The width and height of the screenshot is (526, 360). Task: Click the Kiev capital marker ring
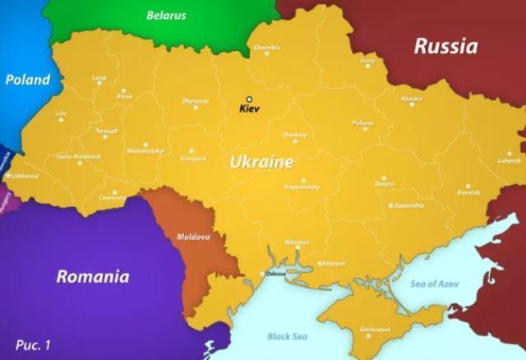point(249,99)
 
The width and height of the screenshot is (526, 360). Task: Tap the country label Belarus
point(166,15)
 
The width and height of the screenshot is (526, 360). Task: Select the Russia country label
point(445,46)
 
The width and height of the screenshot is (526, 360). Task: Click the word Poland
point(27,80)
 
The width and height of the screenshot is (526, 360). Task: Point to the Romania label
point(93,276)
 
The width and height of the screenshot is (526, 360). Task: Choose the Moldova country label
point(194,237)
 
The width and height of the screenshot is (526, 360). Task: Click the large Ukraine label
point(261,162)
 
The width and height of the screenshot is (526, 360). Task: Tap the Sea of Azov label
point(435,284)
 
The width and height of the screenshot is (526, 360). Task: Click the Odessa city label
point(275,274)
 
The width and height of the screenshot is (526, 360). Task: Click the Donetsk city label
point(468,192)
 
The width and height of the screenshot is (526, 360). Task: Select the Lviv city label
point(60,113)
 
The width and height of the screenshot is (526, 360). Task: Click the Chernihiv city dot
point(267,55)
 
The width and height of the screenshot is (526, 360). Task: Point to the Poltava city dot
point(362,130)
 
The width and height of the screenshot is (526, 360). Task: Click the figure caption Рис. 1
point(33,344)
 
